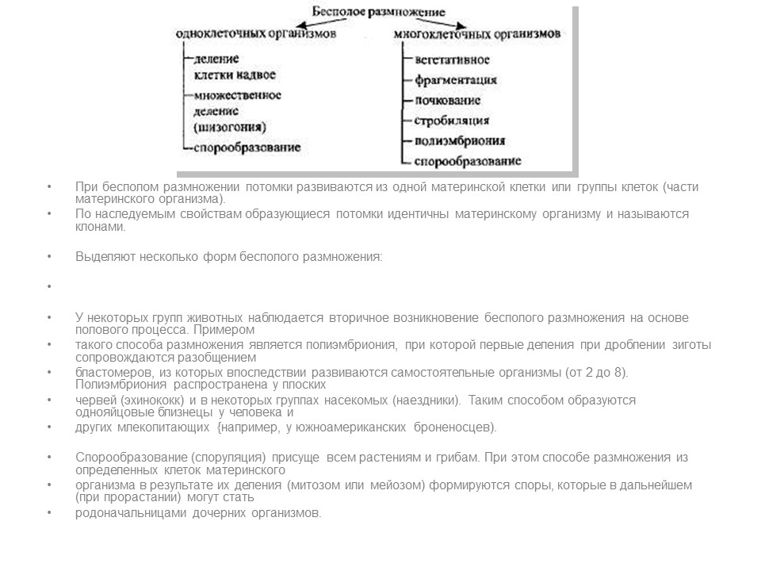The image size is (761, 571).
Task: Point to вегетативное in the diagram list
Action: point(452,59)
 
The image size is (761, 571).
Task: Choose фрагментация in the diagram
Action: point(455,80)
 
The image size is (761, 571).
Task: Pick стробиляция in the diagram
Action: point(451,121)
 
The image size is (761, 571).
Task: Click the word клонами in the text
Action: point(101,226)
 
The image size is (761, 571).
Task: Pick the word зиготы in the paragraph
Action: point(688,345)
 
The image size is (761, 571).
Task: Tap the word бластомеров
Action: point(111,372)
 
